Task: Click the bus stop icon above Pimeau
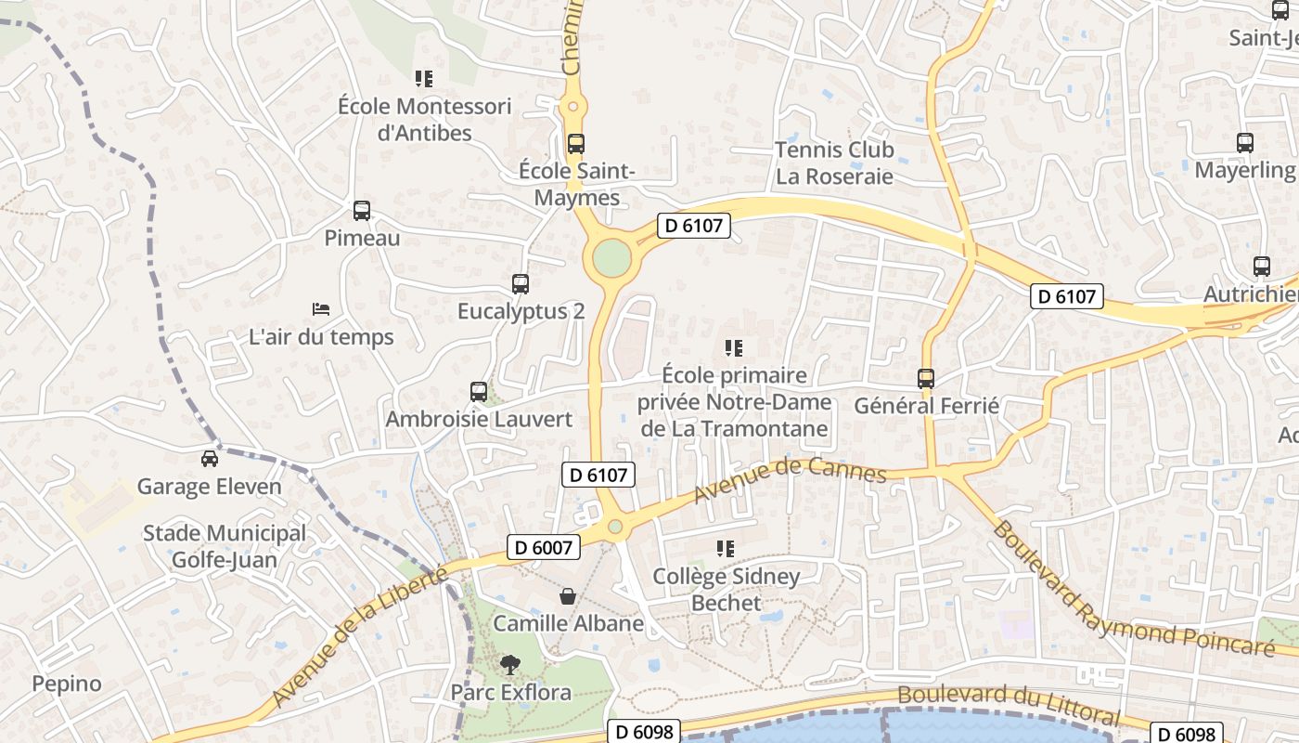point(362,211)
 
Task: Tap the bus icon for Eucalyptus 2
point(521,284)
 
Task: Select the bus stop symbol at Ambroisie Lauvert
point(479,392)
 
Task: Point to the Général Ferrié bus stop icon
point(926,379)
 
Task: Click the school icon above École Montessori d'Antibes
point(424,79)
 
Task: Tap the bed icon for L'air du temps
point(321,308)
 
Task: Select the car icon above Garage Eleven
point(210,459)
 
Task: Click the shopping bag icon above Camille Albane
point(567,596)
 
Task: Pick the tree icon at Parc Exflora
point(509,665)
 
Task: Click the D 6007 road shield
point(544,548)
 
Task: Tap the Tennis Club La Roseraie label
point(834,163)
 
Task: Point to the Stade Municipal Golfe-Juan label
point(224,546)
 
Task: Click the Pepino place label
point(67,684)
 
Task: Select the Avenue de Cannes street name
point(790,476)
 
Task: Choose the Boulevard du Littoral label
point(1009,705)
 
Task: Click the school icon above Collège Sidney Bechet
point(726,549)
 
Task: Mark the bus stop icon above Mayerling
point(1245,143)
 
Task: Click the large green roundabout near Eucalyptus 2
point(612,258)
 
